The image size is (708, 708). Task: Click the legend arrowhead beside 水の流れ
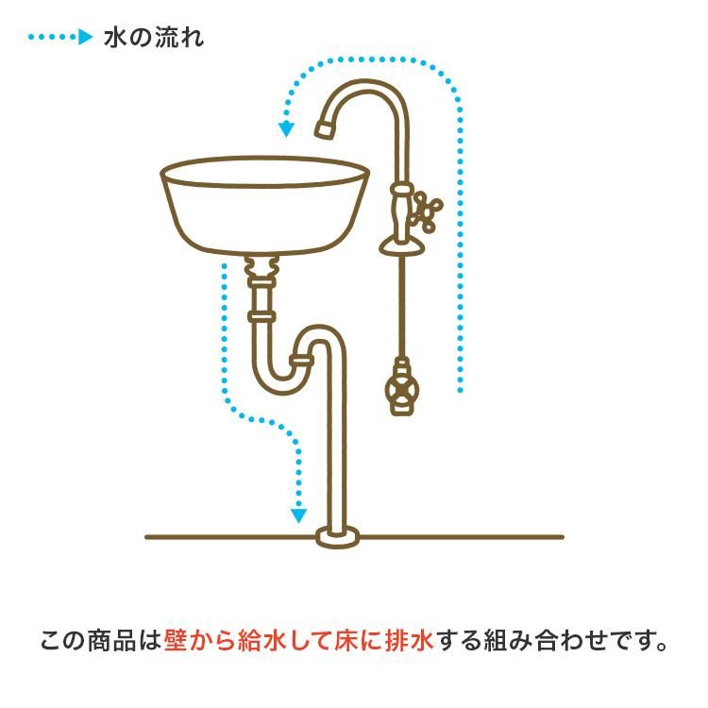click(85, 37)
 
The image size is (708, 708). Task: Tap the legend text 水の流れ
click(154, 38)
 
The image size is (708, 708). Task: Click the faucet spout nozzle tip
click(325, 128)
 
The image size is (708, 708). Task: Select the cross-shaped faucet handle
click(427, 211)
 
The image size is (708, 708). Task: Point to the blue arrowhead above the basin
click(286, 129)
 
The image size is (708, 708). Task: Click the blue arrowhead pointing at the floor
click(298, 515)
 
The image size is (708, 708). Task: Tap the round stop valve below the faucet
click(401, 389)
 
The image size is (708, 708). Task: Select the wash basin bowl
click(265, 206)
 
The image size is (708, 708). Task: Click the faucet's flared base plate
click(402, 247)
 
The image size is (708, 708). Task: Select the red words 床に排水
click(384, 640)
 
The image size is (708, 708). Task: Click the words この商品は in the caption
click(101, 640)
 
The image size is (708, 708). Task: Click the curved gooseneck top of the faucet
click(364, 87)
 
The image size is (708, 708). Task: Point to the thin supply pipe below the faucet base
click(402, 307)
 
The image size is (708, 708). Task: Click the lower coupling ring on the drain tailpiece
click(261, 315)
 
